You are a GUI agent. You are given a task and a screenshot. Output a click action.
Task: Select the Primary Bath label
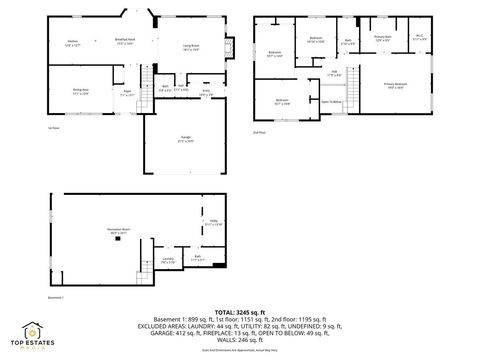[x=381, y=40]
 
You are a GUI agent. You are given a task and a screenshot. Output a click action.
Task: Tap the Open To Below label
[x=331, y=101]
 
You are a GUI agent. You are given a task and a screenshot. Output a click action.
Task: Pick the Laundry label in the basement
[x=169, y=260]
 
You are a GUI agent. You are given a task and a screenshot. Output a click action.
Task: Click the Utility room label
[x=212, y=225]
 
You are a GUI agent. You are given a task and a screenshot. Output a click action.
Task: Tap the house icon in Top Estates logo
[x=33, y=330]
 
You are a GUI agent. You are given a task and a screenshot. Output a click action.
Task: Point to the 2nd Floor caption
[x=259, y=132]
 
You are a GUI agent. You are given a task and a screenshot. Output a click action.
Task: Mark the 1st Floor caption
[x=53, y=127]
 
